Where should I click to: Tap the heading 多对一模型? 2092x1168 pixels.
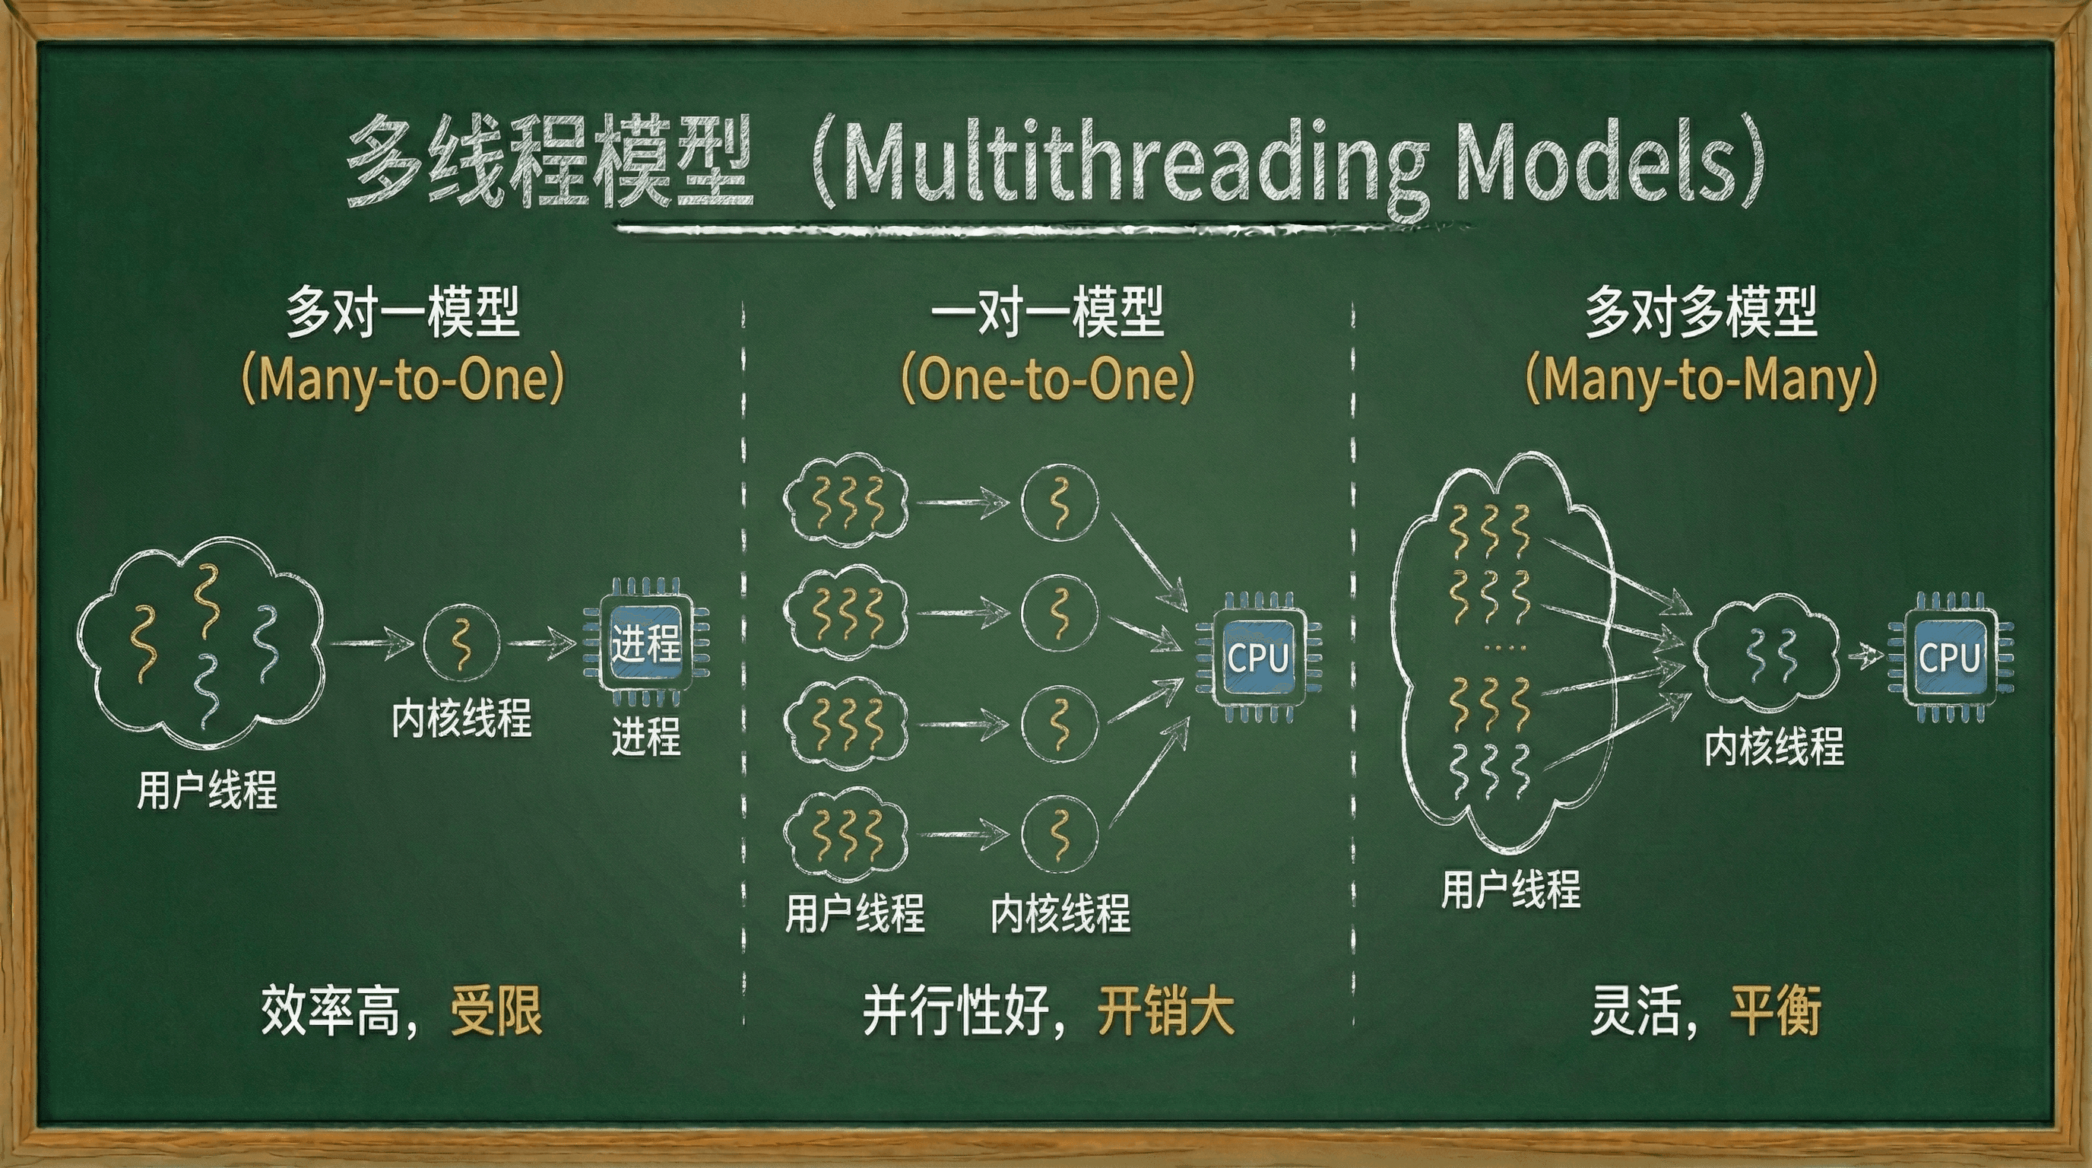coord(403,312)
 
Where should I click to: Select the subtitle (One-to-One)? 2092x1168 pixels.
coord(1048,379)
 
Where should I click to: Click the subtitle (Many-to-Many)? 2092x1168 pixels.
coord(1701,379)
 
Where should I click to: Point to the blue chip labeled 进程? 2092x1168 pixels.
coord(645,643)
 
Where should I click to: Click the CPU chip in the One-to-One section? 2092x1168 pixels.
coord(1258,657)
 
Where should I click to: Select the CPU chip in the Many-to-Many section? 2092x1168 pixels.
coord(1949,657)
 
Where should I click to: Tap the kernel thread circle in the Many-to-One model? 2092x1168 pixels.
coord(461,643)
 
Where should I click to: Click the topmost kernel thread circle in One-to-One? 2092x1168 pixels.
coord(1059,502)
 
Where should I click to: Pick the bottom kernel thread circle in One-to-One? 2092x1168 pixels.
coord(1059,835)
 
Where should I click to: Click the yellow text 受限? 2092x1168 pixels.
coord(496,1011)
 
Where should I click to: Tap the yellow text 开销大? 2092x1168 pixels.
coord(1165,1011)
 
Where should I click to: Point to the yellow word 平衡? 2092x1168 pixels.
coord(1776,1011)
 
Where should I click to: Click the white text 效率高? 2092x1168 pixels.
coord(331,1011)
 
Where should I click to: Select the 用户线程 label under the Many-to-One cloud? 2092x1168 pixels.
coord(207,790)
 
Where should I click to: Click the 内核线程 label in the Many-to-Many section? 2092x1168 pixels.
coord(1773,747)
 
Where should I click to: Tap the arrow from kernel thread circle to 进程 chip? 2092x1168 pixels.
coord(542,643)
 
